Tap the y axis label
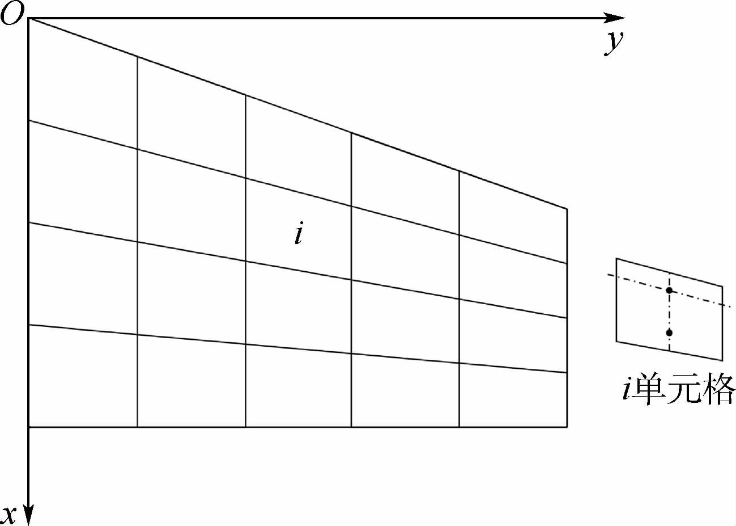[x=613, y=42]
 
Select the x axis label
[x=9, y=513]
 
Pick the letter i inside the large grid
[x=298, y=234]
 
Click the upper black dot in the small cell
[x=669, y=291]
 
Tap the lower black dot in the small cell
[x=669, y=333]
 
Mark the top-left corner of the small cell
[x=616, y=259]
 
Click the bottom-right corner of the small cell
[x=722, y=360]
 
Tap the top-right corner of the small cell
[x=722, y=286]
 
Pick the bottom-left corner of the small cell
[x=616, y=342]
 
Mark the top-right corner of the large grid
[x=567, y=209]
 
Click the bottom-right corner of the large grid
[x=567, y=427]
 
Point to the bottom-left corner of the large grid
[x=28, y=427]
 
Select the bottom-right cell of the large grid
[x=513, y=396]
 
